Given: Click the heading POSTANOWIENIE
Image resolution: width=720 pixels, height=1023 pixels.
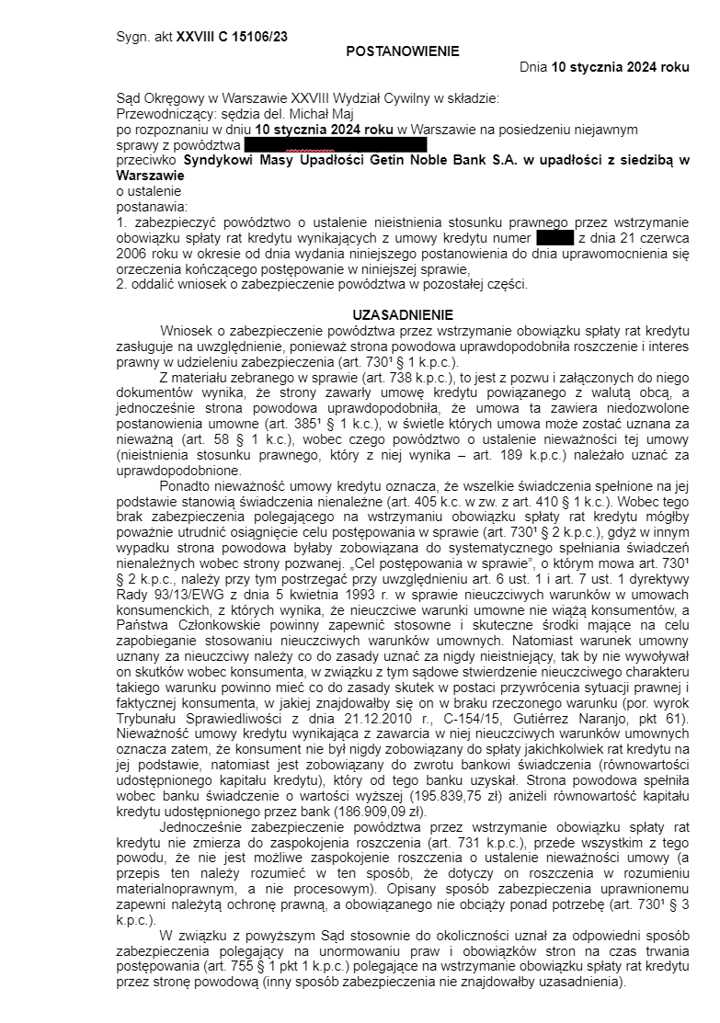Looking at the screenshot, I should coord(402,51).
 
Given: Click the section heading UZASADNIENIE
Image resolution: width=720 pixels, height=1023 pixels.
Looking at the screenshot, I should coord(402,314).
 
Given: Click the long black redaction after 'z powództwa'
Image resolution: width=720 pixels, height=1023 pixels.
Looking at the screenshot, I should coord(336,144).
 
